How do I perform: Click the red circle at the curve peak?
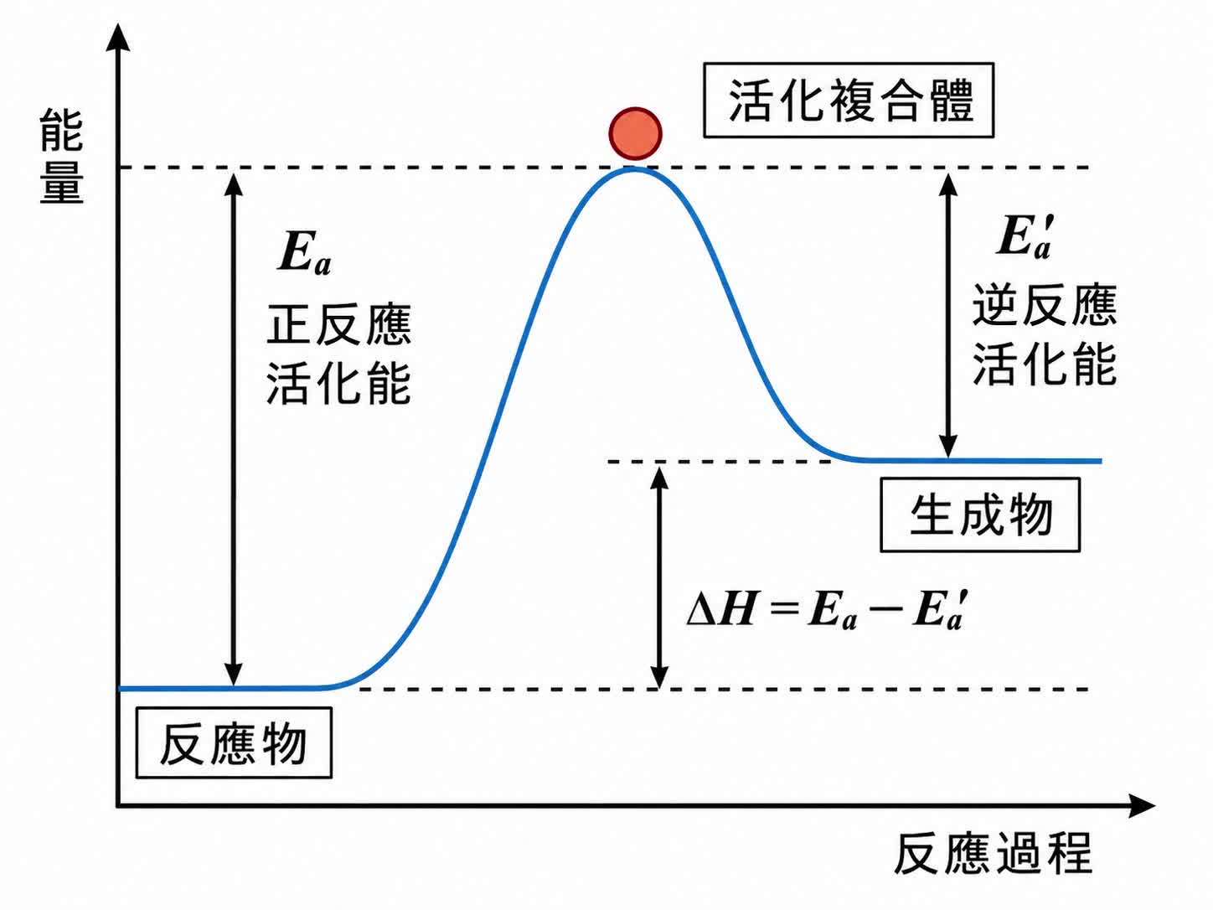pyautogui.click(x=636, y=134)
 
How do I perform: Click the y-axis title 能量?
pyautogui.click(x=62, y=157)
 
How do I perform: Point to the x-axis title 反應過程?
pyautogui.click(x=993, y=854)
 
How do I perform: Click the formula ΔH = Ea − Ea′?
pyautogui.click(x=828, y=611)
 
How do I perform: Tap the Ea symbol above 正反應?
pyautogui.click(x=304, y=253)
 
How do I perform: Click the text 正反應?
pyautogui.click(x=338, y=325)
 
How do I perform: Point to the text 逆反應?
pyautogui.click(x=1045, y=306)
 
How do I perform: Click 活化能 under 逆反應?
pyautogui.click(x=1045, y=365)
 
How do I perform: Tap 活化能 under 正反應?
pyautogui.click(x=338, y=384)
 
